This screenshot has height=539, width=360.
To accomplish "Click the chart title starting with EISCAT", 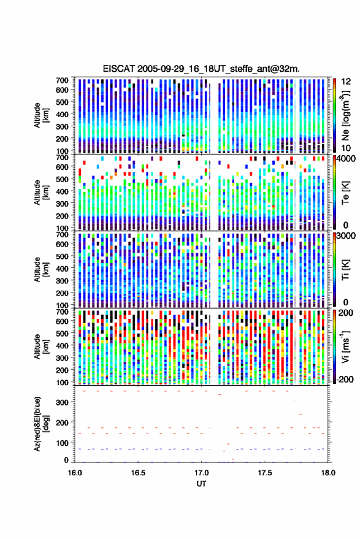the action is pos(201,69).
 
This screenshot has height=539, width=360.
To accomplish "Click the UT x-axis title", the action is pos(201,484).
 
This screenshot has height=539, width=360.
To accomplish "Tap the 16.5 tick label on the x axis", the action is pos(138,473).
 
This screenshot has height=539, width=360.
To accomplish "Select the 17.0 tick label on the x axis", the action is pos(201,473).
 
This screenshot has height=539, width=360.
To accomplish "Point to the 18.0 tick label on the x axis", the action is pos(328,473).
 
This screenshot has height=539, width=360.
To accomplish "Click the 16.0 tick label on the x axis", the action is pos(75,473).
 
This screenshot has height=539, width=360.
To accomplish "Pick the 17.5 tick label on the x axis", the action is pos(264,473).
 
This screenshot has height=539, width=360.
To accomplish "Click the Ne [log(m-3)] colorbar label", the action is pos(345,115).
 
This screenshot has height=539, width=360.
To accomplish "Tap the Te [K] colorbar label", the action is pos(345,193).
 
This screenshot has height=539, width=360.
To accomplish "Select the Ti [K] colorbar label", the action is pos(345,270).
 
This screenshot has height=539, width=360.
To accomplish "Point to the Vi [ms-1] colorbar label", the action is pos(345,346).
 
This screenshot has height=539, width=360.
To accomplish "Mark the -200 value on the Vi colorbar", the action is pos(345,379).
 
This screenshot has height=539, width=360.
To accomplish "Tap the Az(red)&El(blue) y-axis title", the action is pos(41,424).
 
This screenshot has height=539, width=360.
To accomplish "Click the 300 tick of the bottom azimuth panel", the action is pos(62,402).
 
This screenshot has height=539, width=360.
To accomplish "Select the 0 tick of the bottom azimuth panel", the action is pos(66,460).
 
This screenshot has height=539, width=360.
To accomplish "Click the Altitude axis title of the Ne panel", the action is pos(41,115).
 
